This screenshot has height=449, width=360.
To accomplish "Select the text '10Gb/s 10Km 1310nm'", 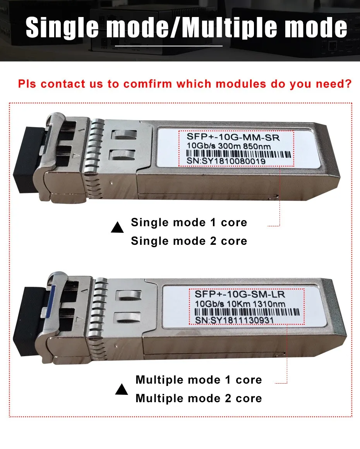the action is [x=235, y=304].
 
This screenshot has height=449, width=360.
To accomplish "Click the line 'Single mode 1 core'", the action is [x=189, y=223].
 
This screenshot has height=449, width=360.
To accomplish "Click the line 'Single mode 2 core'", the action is [x=189, y=241].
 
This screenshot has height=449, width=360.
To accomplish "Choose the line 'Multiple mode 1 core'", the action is [x=199, y=380].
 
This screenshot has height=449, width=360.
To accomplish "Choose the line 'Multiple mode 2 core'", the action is [x=199, y=399].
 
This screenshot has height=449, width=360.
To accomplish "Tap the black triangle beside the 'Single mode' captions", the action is [x=117, y=228].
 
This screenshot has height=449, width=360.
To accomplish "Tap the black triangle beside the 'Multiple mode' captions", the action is [x=122, y=389].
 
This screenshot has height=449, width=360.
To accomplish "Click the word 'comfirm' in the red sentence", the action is [x=149, y=84].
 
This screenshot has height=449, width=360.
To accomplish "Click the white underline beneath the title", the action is [x=169, y=45].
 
